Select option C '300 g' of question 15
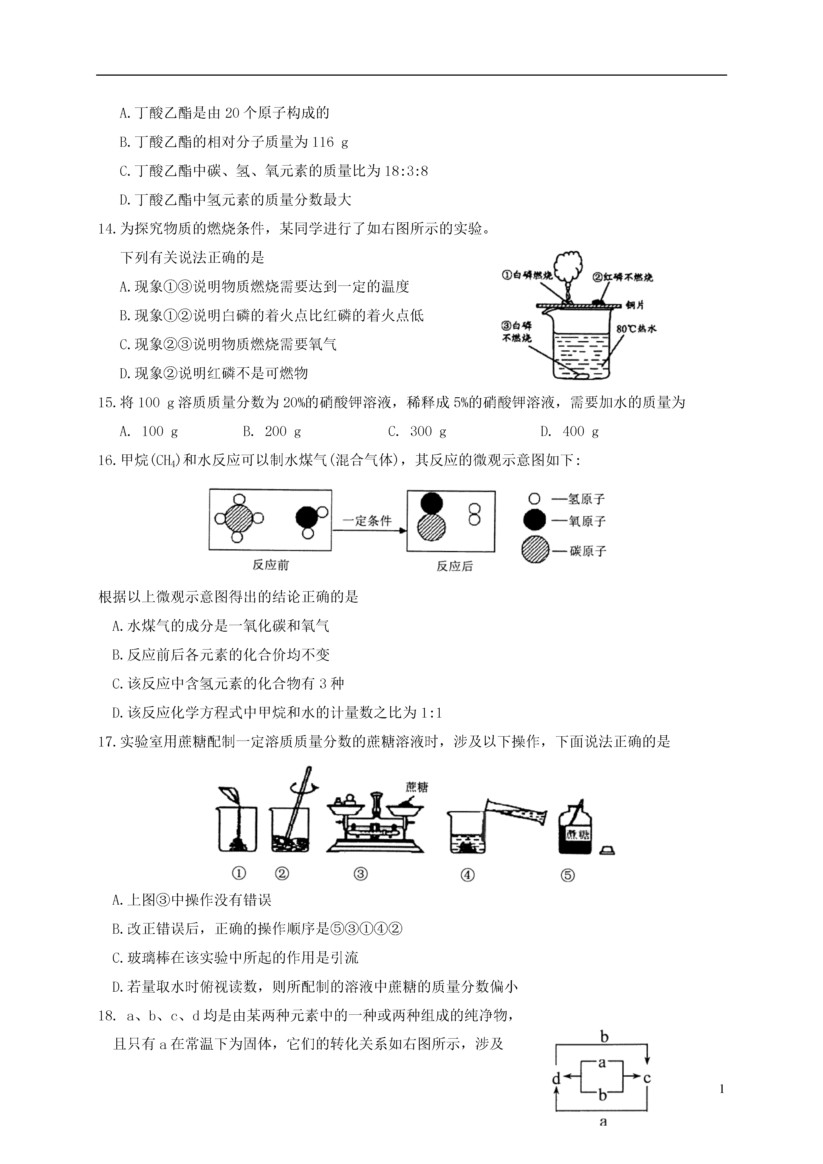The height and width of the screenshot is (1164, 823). coord(417,431)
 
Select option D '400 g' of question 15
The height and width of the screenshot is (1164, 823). coord(569,431)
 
